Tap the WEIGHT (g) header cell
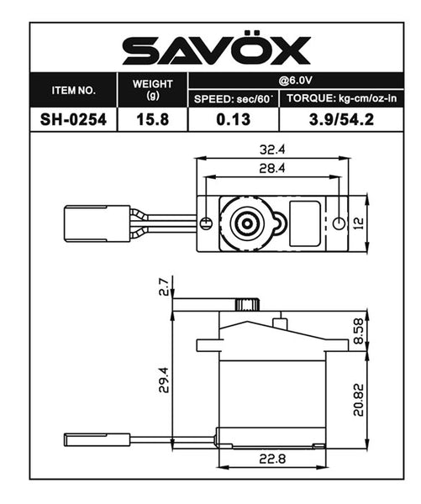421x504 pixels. tap(153, 89)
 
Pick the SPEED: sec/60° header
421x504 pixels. tap(234, 99)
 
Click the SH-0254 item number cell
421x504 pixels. tap(73, 119)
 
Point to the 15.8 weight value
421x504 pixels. tap(153, 119)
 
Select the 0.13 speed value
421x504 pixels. tap(234, 119)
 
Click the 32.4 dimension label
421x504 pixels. tap(273, 150)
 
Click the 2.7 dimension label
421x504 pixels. tap(164, 287)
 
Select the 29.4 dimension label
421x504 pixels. tap(164, 382)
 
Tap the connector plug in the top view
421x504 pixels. tap(97, 223)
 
